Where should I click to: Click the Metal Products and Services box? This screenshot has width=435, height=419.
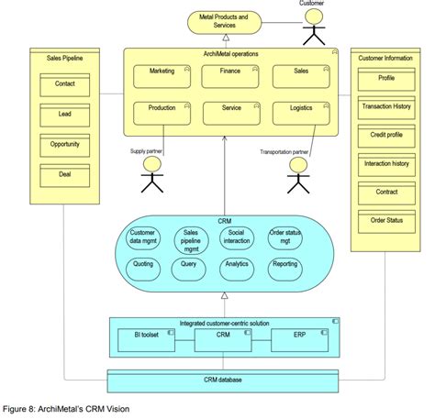coord(224,22)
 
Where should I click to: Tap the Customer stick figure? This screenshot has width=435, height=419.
coord(314,27)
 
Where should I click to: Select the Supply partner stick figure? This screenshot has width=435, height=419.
coord(152,174)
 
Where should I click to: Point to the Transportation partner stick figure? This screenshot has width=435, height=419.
coord(298,175)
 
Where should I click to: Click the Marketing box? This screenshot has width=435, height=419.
coord(162,76)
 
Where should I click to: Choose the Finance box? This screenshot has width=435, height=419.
coord(230,76)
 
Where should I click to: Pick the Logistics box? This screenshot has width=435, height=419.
coord(301,114)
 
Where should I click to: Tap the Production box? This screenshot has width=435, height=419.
coord(162,114)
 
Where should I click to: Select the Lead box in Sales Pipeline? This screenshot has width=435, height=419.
coord(65,116)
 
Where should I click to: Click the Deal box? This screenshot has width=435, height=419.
coord(65,176)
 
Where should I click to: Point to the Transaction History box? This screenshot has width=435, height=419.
coord(386,108)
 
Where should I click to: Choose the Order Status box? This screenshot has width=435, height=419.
coord(386,222)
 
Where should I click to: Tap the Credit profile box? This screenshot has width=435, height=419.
coord(386,136)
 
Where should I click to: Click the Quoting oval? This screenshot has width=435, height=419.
coord(143,270)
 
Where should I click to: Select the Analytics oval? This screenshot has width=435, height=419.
coord(237,270)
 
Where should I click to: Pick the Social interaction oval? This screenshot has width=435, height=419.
coord(237,238)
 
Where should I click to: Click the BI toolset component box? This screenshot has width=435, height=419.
coord(146,340)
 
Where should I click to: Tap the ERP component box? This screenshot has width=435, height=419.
coord(299,340)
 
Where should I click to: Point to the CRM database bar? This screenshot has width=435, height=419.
coord(223,381)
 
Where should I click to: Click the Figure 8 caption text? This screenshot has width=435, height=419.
coord(66,409)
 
